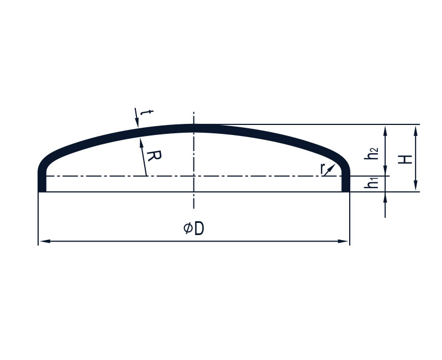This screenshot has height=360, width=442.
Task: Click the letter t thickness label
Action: pyautogui.click(x=146, y=113)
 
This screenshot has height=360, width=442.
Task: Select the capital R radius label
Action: pyautogui.click(x=154, y=156)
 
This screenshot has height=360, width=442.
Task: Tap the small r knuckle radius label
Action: pyautogui.click(x=323, y=169)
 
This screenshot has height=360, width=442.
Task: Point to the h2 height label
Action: pyautogui.click(x=371, y=154)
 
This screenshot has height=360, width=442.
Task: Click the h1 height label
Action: pyautogui.click(x=371, y=183)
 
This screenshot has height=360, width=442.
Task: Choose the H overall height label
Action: pyautogui.click(x=405, y=159)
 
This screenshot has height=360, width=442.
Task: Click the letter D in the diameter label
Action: pyautogui.click(x=199, y=228)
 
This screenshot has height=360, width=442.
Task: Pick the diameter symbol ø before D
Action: pyautogui.click(x=188, y=228)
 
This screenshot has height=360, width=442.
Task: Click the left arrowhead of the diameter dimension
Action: pyautogui.click(x=45, y=241)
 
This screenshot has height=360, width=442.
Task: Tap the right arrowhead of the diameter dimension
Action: pyautogui.click(x=343, y=241)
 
